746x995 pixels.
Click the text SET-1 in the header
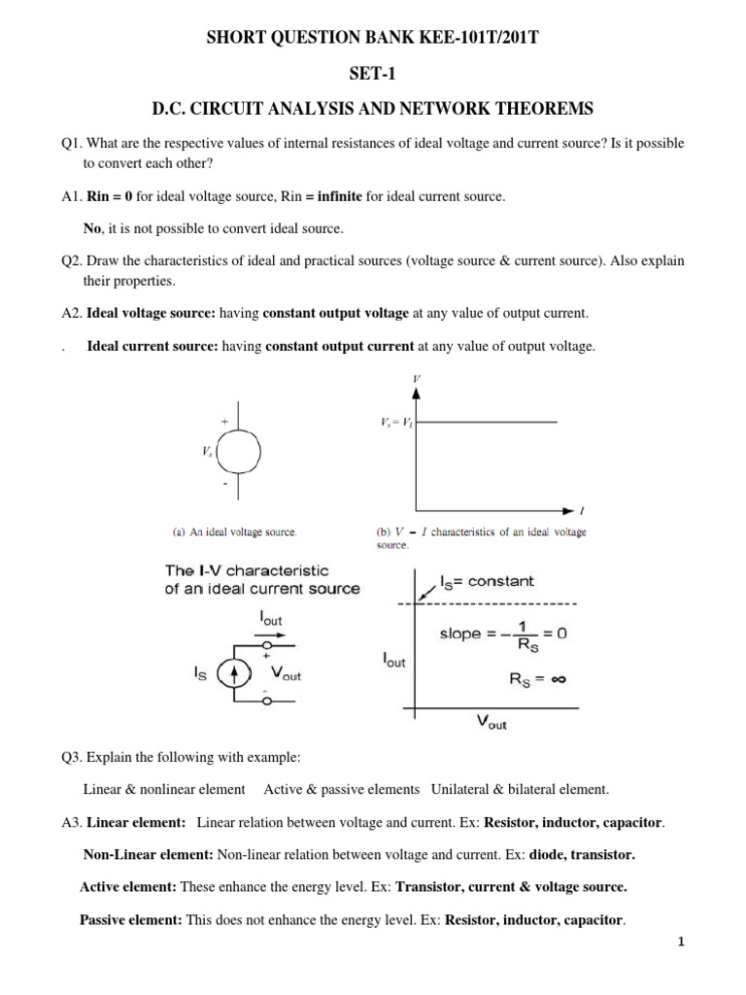pyautogui.click(x=373, y=72)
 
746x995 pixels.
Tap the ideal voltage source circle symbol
pyautogui.click(x=238, y=450)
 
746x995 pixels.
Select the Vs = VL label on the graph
pyautogui.click(x=394, y=422)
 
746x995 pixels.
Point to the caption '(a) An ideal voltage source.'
pyautogui.click(x=235, y=532)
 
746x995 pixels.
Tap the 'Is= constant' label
pyautogui.click(x=487, y=581)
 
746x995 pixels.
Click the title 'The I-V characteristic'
pyautogui.click(x=248, y=570)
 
